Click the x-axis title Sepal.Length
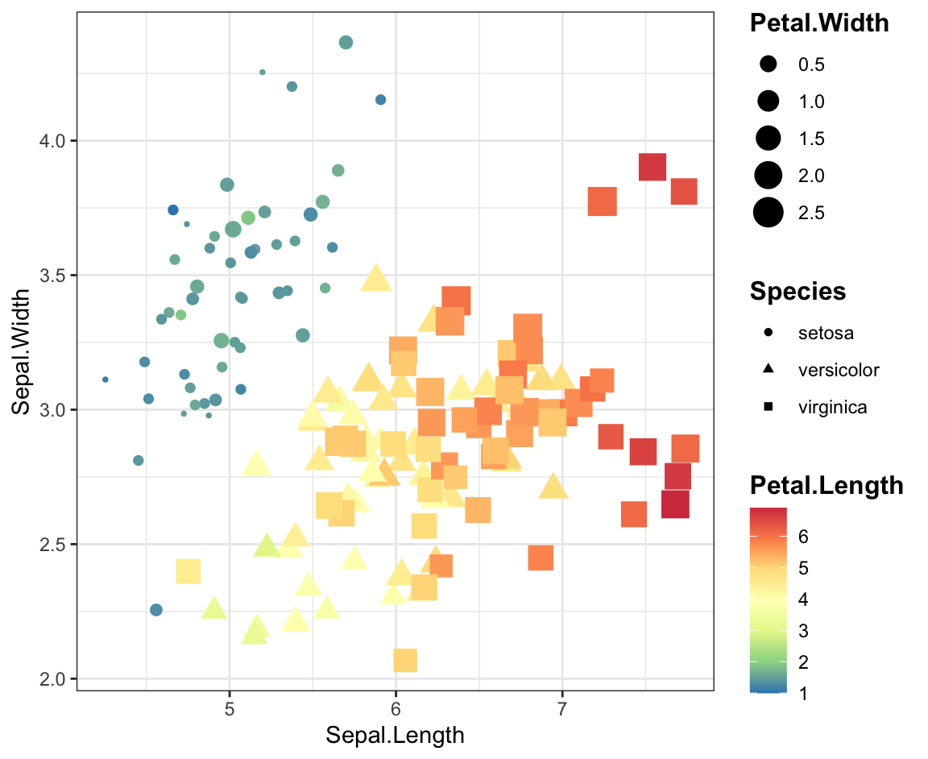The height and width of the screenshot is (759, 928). click(x=395, y=735)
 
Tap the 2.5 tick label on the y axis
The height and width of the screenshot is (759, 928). click(x=53, y=544)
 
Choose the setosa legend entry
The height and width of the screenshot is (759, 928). click(x=825, y=332)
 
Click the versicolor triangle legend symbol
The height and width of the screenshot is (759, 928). click(x=768, y=370)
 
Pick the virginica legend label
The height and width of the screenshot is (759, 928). click(x=832, y=407)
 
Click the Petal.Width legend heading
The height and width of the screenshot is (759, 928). click(x=819, y=23)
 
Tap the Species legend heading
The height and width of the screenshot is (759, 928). click(x=797, y=291)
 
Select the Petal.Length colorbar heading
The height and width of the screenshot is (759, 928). click(x=826, y=485)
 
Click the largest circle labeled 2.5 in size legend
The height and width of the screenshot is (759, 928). click(x=768, y=213)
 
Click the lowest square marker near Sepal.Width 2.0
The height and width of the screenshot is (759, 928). click(x=405, y=661)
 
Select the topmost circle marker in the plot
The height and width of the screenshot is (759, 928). click(x=346, y=43)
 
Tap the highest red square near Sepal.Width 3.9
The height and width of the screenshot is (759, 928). click(x=652, y=167)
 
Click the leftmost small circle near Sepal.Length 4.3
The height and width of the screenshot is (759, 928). click(x=106, y=379)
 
